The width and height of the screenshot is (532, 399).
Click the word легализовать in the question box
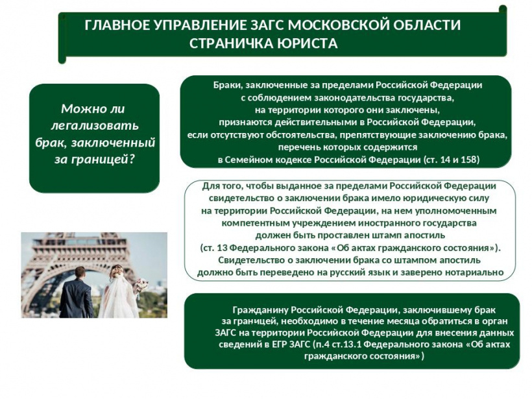pos(95,125)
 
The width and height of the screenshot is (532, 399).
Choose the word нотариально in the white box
pos(474,272)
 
